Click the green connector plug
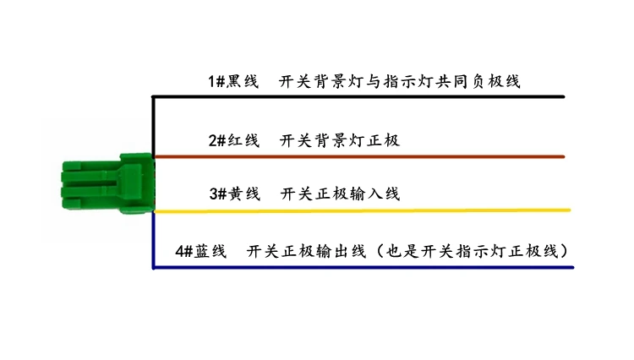(106, 183)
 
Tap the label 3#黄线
(234, 194)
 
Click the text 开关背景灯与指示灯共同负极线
(399, 82)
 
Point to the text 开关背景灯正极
(339, 140)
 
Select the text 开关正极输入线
(339, 194)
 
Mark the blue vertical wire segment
(153, 241)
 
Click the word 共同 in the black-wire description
(461, 82)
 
